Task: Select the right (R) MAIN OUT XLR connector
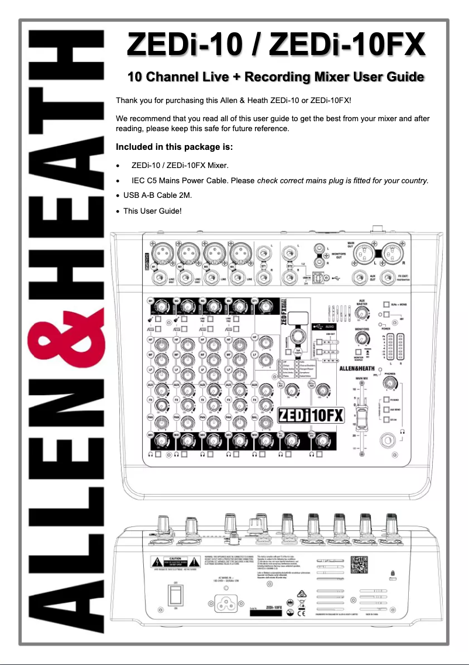point(389,253)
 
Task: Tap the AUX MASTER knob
point(363,314)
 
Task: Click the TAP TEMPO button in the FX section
point(299,337)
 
